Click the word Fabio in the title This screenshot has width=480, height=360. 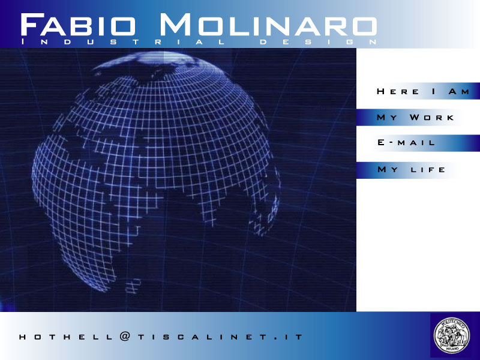[78, 25]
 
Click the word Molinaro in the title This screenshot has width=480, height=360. [268, 25]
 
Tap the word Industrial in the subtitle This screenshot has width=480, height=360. [123, 42]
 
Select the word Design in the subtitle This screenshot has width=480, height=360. [319, 42]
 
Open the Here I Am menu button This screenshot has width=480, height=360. [418, 91]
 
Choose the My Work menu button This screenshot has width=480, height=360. [410, 117]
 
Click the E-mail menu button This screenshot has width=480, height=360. [418, 143]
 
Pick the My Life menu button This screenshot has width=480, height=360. [407, 170]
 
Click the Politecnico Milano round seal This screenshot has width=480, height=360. [452, 335]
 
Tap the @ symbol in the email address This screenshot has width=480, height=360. [125, 337]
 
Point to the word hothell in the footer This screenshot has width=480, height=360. [66, 337]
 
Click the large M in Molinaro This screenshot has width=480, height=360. [175, 25]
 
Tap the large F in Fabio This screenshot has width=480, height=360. [31, 25]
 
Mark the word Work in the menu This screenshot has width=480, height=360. [431, 118]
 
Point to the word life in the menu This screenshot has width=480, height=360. [428, 170]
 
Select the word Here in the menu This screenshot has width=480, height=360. [398, 92]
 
